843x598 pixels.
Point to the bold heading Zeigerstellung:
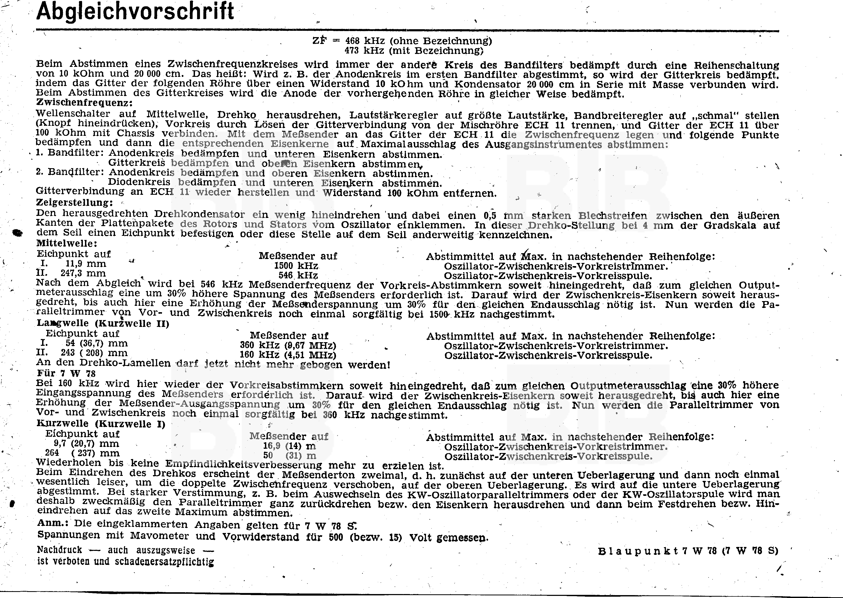[x=74, y=202]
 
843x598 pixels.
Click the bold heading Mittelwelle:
[x=67, y=243]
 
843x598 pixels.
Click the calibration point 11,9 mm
[x=86, y=264]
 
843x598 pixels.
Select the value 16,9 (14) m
[x=289, y=446]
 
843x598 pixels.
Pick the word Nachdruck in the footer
[x=59, y=550]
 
